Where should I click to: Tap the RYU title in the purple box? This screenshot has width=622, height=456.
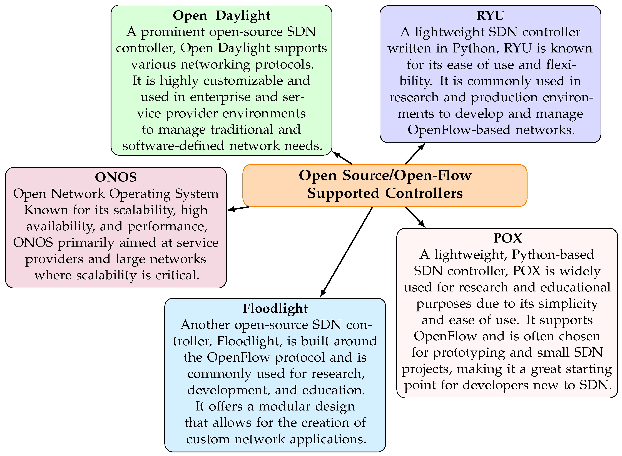click(490, 16)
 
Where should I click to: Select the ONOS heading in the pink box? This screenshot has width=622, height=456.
click(116, 177)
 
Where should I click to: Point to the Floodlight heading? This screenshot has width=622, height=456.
click(275, 309)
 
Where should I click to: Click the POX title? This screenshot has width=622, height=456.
click(507, 238)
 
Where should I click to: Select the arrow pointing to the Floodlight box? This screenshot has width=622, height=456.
click(347, 252)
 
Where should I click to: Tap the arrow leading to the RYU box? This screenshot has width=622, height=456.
click(415, 154)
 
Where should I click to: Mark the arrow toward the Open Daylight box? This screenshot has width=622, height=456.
click(342, 158)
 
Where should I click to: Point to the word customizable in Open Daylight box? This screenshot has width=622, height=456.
click(243, 81)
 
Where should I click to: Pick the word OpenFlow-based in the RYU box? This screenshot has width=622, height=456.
click(459, 130)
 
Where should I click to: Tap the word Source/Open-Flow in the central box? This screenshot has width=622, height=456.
click(407, 176)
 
